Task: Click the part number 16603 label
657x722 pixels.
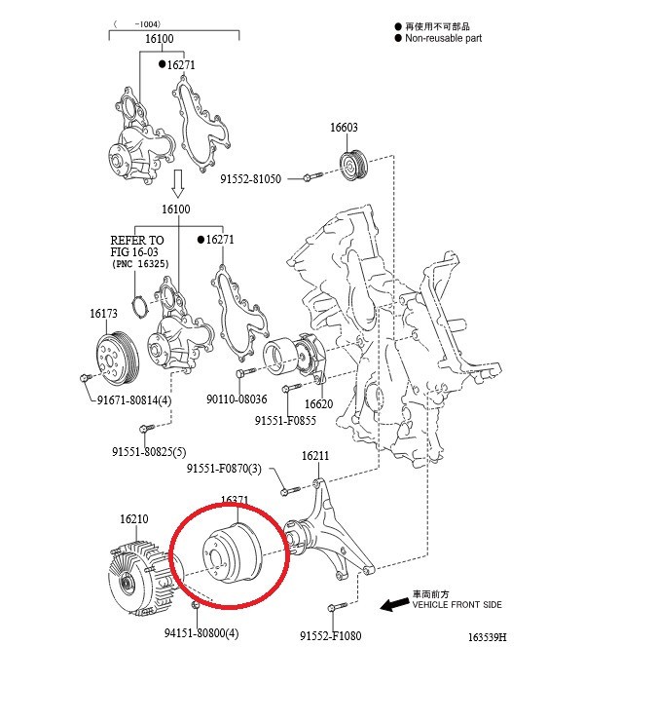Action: click(x=344, y=128)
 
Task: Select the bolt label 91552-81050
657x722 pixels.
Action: click(x=250, y=179)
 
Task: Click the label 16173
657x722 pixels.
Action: click(x=103, y=314)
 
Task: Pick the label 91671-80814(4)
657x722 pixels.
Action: click(x=134, y=400)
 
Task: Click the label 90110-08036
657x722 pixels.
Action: click(x=237, y=399)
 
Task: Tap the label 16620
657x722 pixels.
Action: click(x=318, y=404)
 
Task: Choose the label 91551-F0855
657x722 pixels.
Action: click(x=285, y=421)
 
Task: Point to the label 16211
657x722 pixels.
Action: click(x=314, y=455)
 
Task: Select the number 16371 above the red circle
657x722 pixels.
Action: click(x=235, y=501)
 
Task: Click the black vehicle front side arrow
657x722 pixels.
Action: click(x=393, y=605)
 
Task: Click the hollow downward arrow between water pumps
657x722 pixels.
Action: click(x=178, y=181)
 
